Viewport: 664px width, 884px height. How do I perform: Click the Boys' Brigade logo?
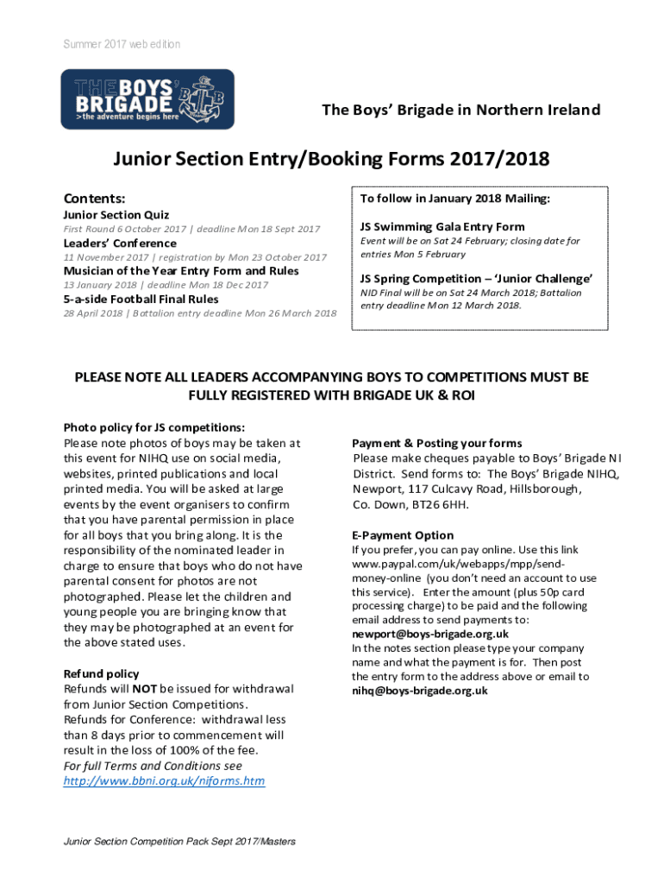point(146,98)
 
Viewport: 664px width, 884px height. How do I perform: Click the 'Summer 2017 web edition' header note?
point(120,44)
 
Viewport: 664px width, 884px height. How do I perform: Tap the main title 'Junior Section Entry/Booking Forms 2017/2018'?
point(332,160)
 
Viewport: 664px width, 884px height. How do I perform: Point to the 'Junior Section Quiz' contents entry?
point(116,215)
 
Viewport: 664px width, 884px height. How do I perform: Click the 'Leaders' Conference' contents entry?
point(120,243)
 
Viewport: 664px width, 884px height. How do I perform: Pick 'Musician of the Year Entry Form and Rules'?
point(181,270)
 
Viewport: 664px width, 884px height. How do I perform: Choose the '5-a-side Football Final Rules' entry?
point(141,299)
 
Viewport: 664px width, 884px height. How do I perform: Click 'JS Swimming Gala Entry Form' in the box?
point(442,227)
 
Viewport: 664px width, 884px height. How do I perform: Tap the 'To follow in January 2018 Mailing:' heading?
point(455,199)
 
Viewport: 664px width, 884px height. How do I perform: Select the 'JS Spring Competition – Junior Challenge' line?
point(477,279)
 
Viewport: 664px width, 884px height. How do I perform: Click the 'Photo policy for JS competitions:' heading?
point(154,427)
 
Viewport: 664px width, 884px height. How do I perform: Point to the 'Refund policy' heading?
point(101,673)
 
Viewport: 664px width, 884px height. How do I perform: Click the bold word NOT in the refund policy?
point(143,689)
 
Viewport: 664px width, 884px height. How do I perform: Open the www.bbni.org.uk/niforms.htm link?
point(165,781)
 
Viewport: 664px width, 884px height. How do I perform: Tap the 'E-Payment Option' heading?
point(403,535)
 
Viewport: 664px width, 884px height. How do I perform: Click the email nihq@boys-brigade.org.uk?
point(420,691)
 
